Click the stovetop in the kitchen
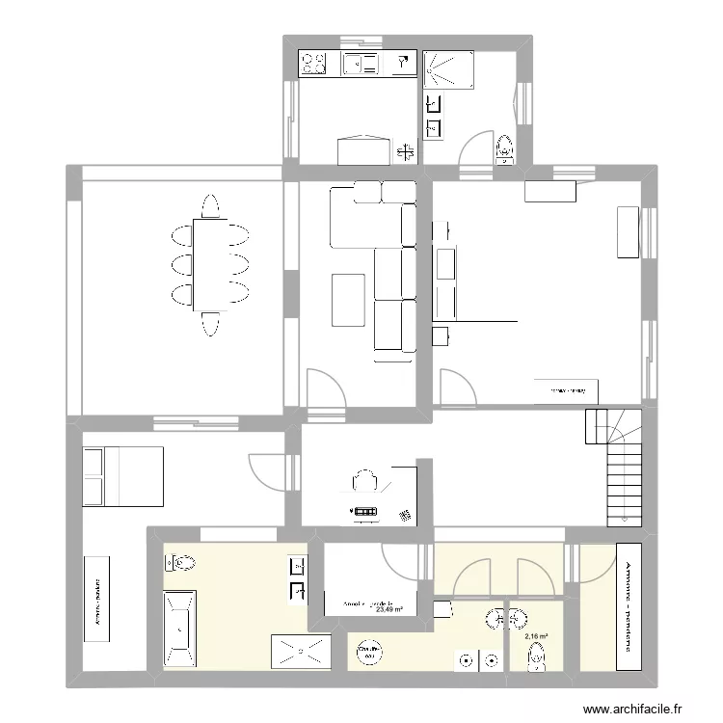pyautogui.click(x=314, y=64)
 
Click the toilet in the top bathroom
pyautogui.click(x=504, y=149)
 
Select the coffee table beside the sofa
pyautogui.click(x=348, y=300)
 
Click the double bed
pyautogui.click(x=122, y=475)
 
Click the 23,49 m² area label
pyautogui.click(x=389, y=609)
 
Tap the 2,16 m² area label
pyautogui.click(x=536, y=636)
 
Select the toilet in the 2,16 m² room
pyautogui.click(x=537, y=658)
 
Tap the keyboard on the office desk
pyautogui.click(x=365, y=511)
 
